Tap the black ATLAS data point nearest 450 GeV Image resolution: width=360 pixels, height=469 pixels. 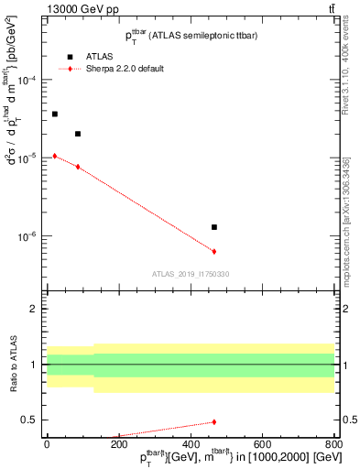[x=214, y=227]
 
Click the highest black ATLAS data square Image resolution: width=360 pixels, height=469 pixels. [x=55, y=114]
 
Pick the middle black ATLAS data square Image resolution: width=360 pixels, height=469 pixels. [x=78, y=134]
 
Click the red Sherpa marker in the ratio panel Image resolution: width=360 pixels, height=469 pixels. [x=214, y=421]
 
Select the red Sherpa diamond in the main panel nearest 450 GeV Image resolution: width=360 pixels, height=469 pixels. [x=214, y=251]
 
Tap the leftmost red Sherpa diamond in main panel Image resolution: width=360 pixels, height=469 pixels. [x=55, y=156]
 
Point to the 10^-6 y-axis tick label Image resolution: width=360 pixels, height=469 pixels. [x=30, y=236]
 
